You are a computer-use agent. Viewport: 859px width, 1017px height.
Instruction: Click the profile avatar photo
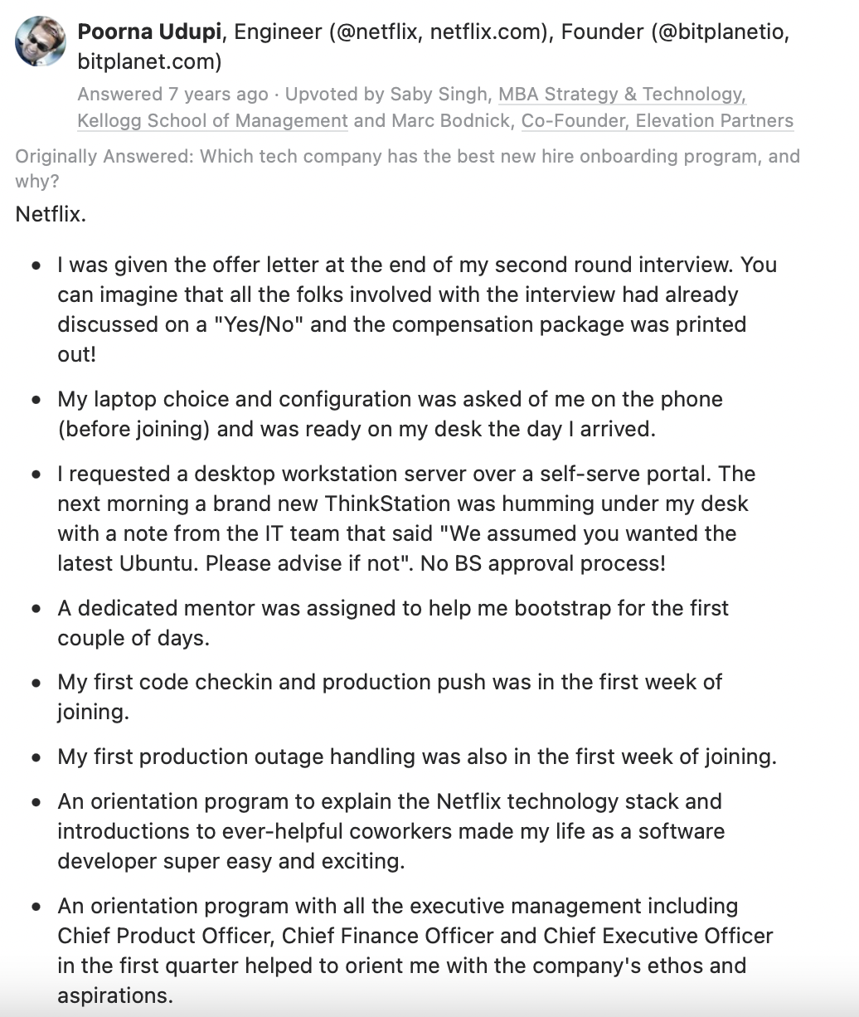pyautogui.click(x=41, y=40)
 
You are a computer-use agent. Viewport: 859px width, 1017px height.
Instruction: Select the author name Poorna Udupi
pyautogui.click(x=150, y=32)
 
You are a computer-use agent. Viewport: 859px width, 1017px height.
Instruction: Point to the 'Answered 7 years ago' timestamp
pyautogui.click(x=172, y=95)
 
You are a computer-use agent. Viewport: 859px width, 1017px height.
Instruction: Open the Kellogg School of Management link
pyautogui.click(x=212, y=121)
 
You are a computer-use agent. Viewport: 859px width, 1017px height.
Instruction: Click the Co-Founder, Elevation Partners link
pyautogui.click(x=657, y=121)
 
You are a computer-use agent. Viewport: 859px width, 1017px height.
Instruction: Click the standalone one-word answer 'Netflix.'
pyautogui.click(x=51, y=214)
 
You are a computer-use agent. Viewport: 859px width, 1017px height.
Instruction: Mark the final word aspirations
pyautogui.click(x=114, y=995)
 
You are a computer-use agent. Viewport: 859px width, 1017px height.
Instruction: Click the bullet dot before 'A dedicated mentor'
pyautogui.click(x=36, y=609)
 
